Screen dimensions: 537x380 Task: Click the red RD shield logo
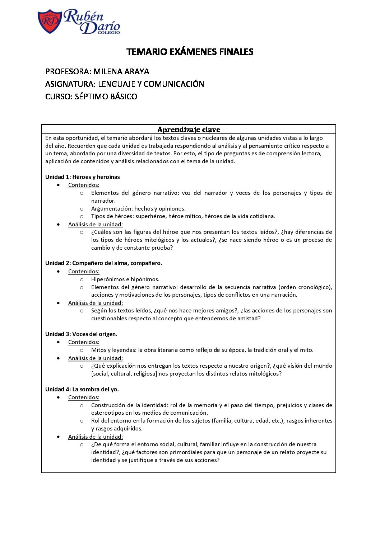[50, 21]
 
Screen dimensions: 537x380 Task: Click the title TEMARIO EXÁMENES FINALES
[190, 52]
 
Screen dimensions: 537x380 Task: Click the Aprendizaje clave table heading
[189, 129]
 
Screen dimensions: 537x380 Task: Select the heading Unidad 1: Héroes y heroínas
[83, 177]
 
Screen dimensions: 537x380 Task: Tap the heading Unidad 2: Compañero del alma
[103, 263]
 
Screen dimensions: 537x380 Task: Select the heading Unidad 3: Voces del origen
[81, 334]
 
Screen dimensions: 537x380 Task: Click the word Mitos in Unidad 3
[99, 350]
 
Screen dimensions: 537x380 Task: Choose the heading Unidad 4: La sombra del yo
[82, 389]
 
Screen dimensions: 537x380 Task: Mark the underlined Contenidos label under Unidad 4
[84, 397]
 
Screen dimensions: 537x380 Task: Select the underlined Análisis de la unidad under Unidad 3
[96, 358]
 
